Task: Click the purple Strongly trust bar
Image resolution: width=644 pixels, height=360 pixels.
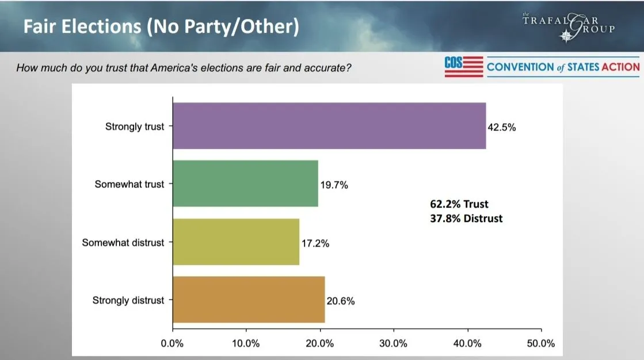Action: point(329,126)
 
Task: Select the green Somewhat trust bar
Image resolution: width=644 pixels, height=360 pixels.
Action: point(245,183)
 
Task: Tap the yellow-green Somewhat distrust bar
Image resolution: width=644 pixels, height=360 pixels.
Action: point(236,242)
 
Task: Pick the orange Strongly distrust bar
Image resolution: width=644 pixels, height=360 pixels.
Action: point(249,300)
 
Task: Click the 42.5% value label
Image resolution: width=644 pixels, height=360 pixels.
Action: point(502,128)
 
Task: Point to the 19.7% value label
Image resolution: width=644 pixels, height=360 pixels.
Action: point(334,185)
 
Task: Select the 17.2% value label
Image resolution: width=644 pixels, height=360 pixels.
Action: point(315,243)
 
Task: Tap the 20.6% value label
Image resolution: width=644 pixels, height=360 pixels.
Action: point(341,301)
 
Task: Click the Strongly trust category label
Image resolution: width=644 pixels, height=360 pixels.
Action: point(135,127)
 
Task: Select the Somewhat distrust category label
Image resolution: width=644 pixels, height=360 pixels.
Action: point(123,242)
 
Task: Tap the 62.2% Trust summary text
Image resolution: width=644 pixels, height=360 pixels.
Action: point(459,204)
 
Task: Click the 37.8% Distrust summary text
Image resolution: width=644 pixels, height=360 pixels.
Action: point(466,219)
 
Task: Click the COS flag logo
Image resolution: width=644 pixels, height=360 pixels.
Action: point(463,67)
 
